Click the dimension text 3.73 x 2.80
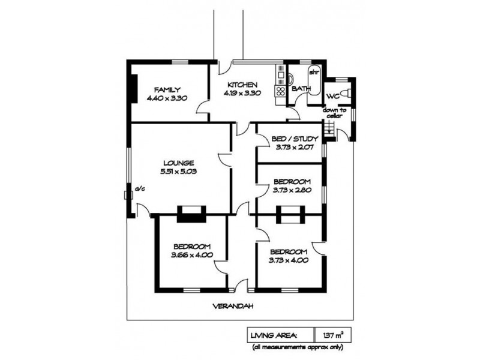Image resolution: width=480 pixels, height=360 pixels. coord(292,190)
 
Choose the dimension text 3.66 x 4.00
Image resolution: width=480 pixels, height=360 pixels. coord(191,255)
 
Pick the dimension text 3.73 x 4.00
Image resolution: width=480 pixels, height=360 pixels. coord(288,260)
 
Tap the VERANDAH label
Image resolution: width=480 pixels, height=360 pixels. coord(233,306)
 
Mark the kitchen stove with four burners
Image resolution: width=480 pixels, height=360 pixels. coord(280,91)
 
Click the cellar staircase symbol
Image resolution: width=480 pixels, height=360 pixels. coord(328,128)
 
